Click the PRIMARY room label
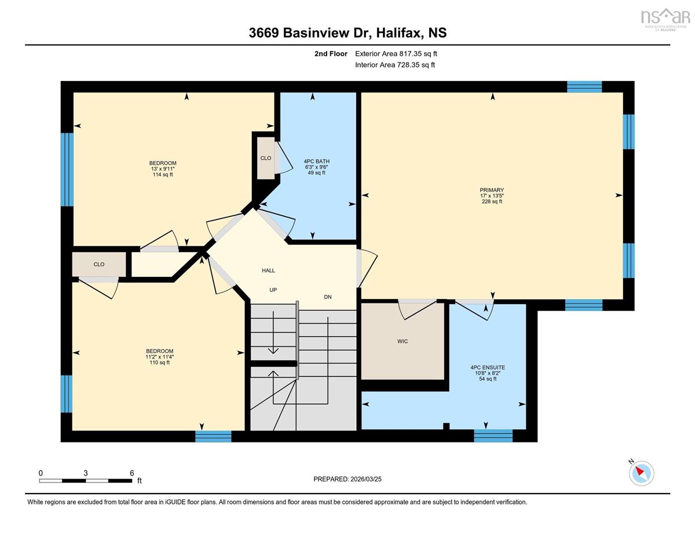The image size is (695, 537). (492, 190)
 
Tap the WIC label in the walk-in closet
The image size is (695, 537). (403, 341)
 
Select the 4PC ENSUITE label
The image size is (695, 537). (488, 367)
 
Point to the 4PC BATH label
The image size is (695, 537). (316, 161)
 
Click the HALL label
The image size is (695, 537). (268, 271)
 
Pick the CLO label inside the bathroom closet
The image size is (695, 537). (266, 158)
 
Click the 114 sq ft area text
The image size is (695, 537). (163, 174)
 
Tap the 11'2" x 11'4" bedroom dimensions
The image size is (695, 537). (160, 357)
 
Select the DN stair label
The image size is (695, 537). (328, 297)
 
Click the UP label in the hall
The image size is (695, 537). (273, 290)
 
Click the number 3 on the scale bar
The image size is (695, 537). (85, 473)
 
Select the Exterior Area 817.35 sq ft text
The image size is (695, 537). (396, 54)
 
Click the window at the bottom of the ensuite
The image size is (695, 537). (493, 436)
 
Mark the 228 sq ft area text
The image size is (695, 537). (492, 202)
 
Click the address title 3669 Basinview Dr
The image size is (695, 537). (310, 33)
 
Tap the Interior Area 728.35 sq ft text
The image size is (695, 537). (395, 65)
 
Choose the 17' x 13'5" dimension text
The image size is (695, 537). (492, 196)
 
